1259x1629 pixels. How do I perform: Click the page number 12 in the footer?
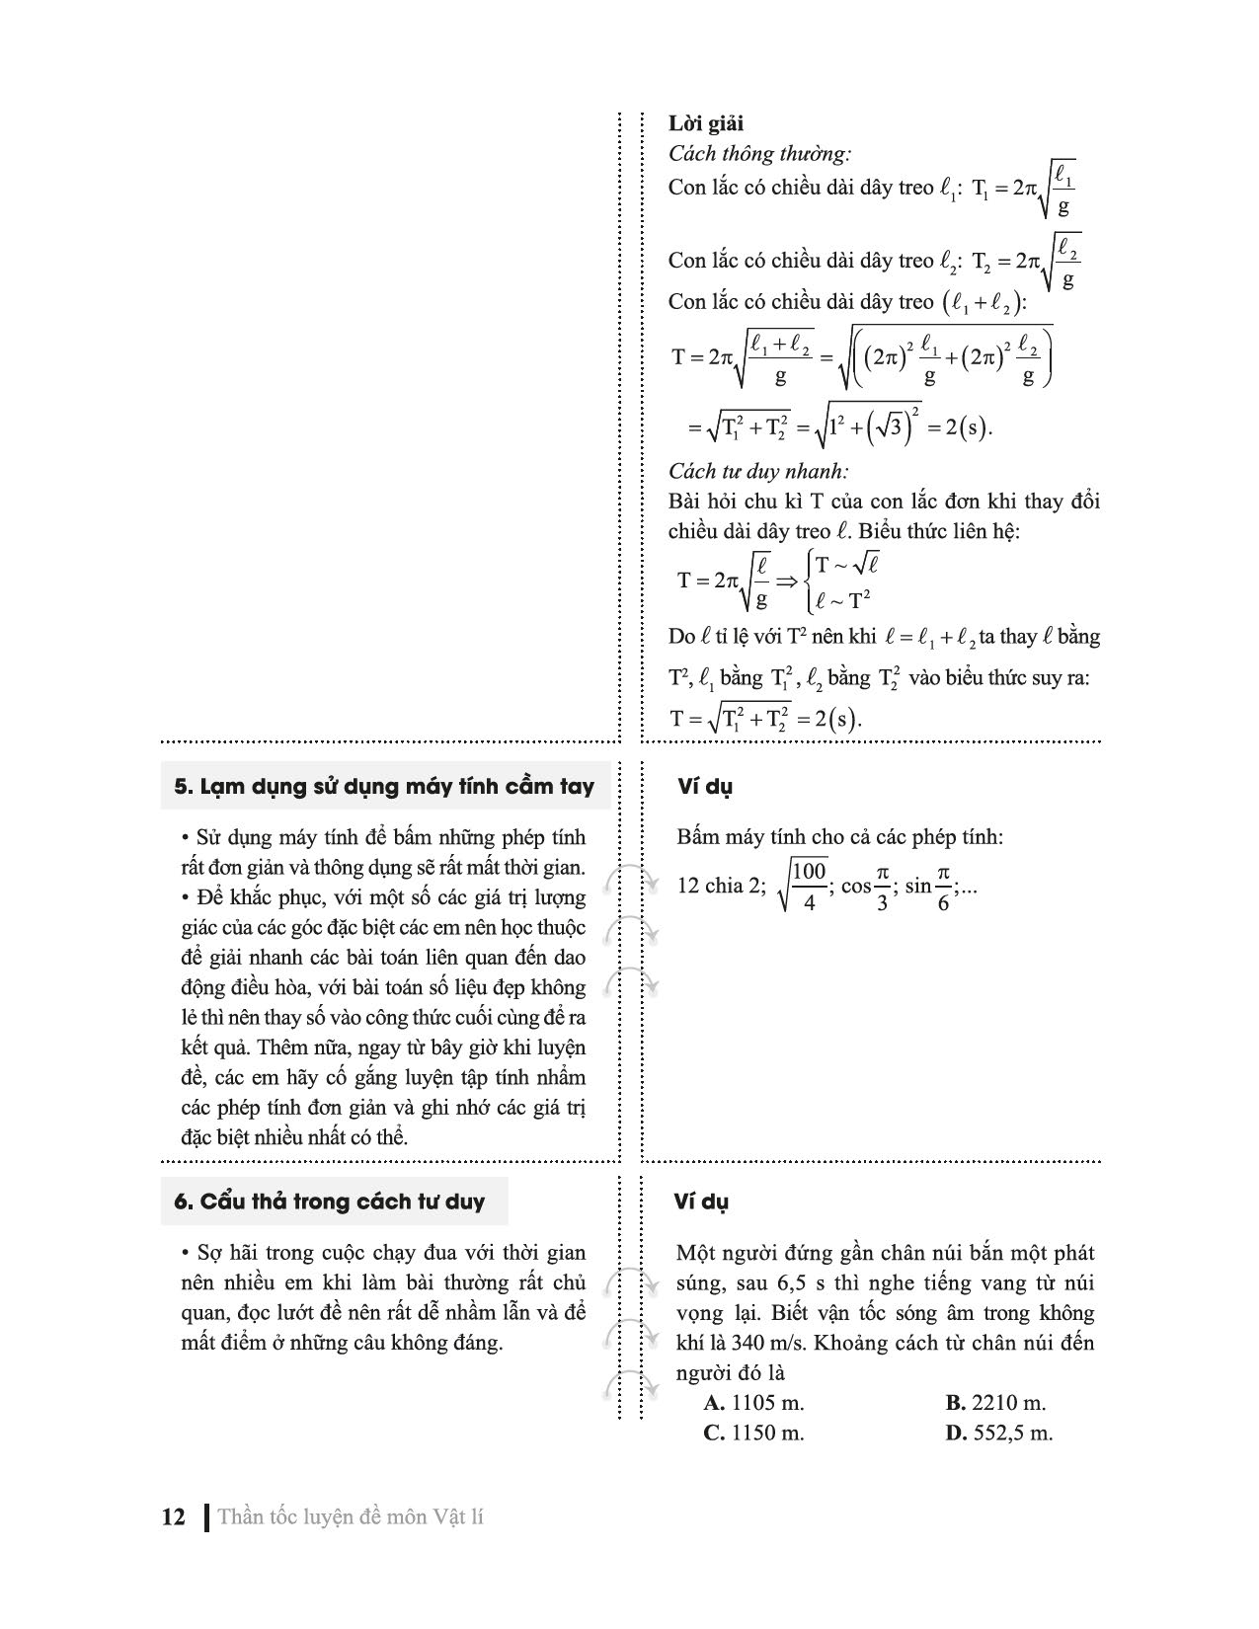(x=173, y=1516)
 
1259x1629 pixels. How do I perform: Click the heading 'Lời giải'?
(x=706, y=123)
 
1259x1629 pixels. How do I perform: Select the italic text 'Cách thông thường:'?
(x=759, y=154)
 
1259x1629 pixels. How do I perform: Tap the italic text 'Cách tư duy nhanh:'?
(x=758, y=471)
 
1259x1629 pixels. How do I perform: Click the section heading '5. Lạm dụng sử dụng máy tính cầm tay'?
(x=384, y=787)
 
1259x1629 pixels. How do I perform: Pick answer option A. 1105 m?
(x=754, y=1403)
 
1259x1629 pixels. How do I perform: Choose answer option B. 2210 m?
(x=995, y=1403)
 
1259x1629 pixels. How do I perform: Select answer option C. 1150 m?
(x=754, y=1434)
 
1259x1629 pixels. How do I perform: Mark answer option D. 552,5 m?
(x=998, y=1434)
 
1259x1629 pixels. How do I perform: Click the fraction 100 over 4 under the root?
(x=809, y=886)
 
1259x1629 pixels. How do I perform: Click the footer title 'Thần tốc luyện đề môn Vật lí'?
(x=351, y=1516)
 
